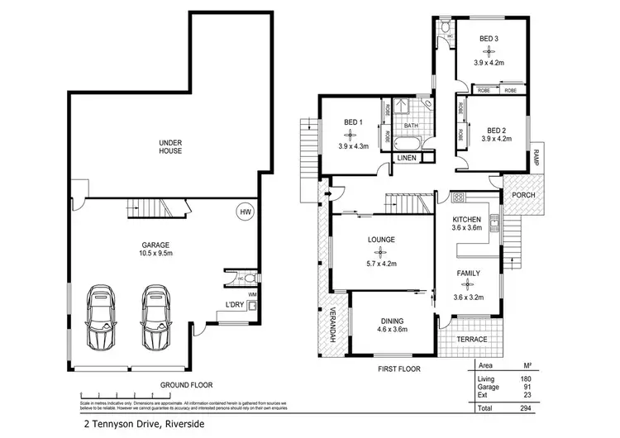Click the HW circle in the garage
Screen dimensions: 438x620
(x=245, y=212)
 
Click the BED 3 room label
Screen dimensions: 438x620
(x=489, y=39)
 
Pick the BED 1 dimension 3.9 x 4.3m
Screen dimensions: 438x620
(x=351, y=146)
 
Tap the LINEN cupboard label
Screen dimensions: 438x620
(x=405, y=157)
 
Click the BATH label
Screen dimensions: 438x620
(x=411, y=126)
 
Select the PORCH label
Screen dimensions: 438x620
(x=523, y=196)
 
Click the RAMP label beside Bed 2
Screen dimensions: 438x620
(x=536, y=156)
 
